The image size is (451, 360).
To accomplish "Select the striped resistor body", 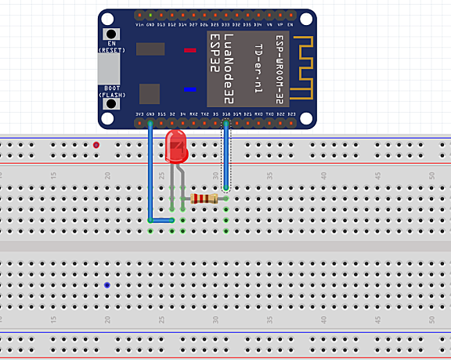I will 203,199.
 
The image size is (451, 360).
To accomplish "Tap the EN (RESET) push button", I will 113,34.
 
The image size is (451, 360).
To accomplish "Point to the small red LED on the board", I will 189,50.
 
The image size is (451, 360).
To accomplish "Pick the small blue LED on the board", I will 189,89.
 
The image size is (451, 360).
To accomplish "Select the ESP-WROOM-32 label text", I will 279,68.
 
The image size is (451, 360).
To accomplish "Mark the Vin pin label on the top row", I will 139,25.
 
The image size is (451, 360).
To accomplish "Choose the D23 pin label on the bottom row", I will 291,114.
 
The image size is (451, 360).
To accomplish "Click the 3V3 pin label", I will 139,114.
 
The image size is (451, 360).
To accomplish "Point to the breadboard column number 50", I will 431,177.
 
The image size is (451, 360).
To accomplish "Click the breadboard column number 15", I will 53,177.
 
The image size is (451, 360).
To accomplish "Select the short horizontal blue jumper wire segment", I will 161,221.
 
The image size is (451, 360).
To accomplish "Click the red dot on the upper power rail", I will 96,145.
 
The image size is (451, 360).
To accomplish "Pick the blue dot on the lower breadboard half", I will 107,286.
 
